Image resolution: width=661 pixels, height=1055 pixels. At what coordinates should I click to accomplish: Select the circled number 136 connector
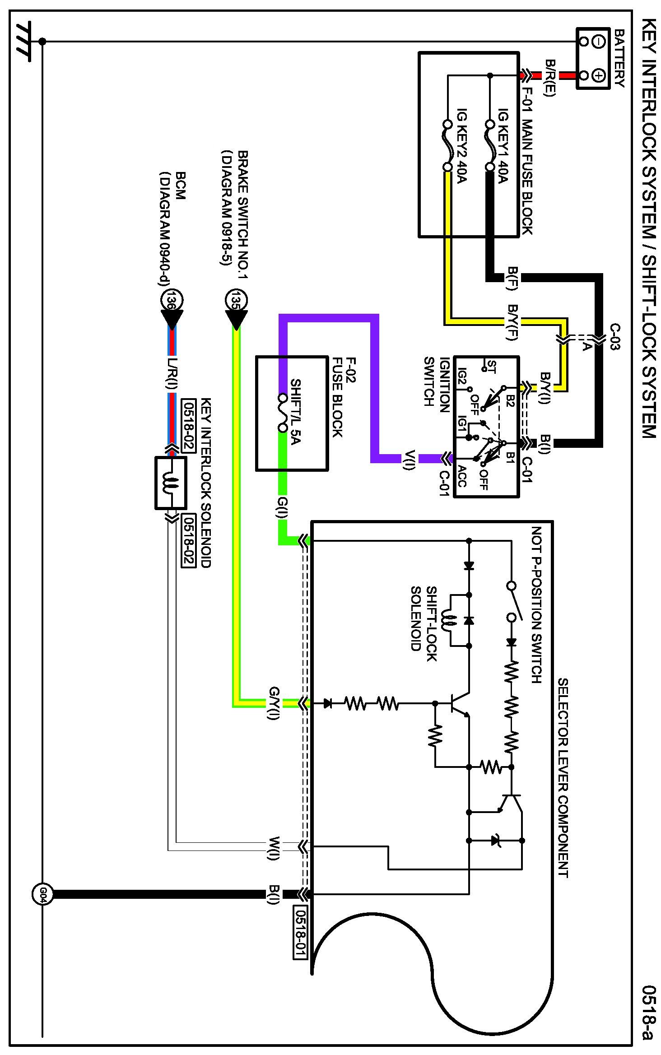172,299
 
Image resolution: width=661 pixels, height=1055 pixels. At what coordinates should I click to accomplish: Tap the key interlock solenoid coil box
171,483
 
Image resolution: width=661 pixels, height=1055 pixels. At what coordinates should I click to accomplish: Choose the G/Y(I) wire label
274,703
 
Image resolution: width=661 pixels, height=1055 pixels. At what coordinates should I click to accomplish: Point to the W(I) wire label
274,848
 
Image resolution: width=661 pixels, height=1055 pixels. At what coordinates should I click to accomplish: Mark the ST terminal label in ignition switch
492,367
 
